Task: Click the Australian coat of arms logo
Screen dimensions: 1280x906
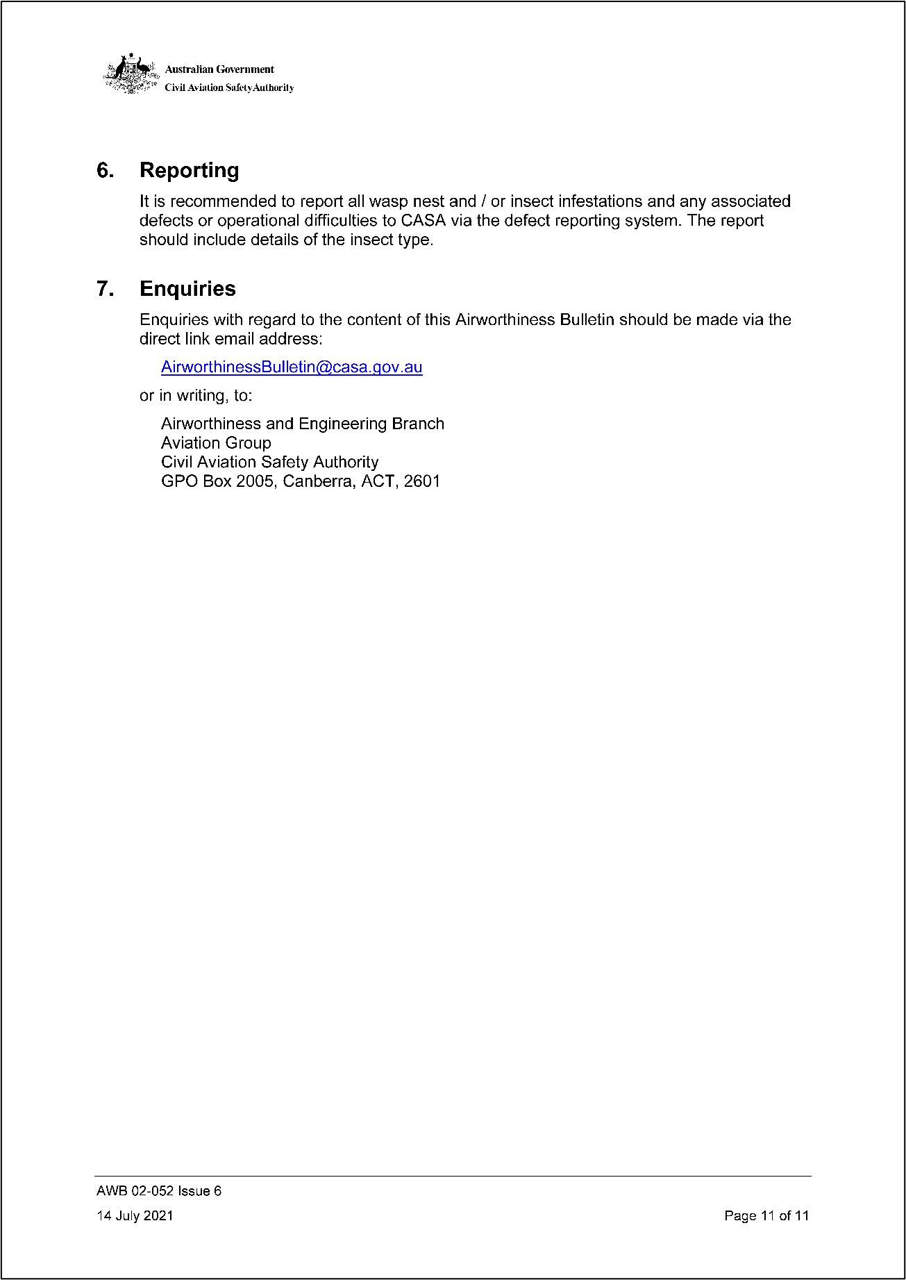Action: (x=131, y=74)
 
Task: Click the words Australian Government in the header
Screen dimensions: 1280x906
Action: (x=219, y=69)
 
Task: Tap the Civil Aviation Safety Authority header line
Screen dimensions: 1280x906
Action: (x=229, y=88)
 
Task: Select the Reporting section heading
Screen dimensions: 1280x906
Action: (x=189, y=170)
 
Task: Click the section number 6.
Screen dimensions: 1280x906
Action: (x=105, y=170)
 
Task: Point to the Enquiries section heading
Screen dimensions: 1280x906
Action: (x=187, y=289)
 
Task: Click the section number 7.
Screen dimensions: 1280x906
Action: (x=105, y=289)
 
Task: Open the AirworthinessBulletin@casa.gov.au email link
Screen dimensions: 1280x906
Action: (x=292, y=367)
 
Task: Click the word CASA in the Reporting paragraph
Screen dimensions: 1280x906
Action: (x=423, y=221)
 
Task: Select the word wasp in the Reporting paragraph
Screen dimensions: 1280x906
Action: (x=388, y=201)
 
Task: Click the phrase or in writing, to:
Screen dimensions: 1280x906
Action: (x=196, y=396)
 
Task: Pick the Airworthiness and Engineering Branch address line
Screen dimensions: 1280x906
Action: (x=302, y=424)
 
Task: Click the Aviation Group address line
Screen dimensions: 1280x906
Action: (x=216, y=443)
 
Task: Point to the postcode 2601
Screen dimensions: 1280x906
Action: (x=421, y=481)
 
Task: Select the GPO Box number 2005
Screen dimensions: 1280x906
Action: (x=255, y=481)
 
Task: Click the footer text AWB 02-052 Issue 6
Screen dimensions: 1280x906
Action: (x=159, y=1191)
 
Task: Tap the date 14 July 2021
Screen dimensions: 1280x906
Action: (x=135, y=1215)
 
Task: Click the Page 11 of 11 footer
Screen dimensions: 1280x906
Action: (x=766, y=1215)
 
